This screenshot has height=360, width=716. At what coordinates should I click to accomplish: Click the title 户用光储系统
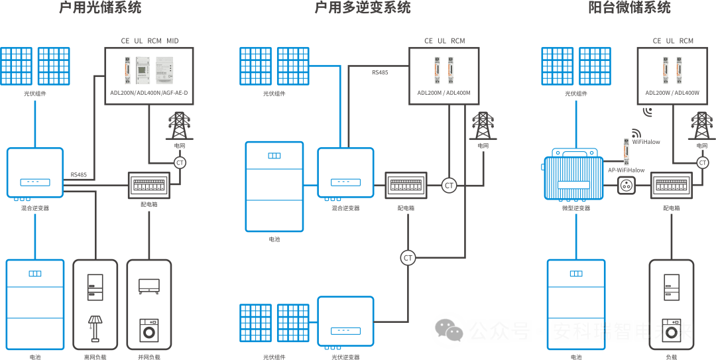tap(101, 8)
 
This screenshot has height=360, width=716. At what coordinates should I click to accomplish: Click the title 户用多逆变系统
tap(363, 8)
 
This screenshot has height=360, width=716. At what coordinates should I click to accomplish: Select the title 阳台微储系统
tap(630, 8)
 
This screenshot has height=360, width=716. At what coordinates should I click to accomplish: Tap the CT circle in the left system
tap(180, 162)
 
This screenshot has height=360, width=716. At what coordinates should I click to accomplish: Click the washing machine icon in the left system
tap(149, 330)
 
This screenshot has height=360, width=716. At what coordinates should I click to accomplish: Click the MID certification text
tap(173, 41)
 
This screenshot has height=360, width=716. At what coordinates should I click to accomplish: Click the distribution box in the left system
tap(149, 185)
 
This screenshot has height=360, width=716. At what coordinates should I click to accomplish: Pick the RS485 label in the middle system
tap(380, 72)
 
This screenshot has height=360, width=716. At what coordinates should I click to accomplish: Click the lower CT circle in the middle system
tap(408, 257)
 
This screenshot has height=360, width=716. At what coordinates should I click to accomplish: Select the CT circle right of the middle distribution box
tap(449, 186)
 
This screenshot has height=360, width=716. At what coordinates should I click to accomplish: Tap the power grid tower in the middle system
tap(482, 126)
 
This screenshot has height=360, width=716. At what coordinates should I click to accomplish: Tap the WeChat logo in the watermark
tap(449, 330)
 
